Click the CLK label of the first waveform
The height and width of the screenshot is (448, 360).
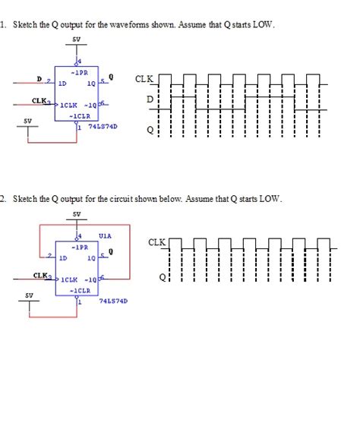(x=144, y=79)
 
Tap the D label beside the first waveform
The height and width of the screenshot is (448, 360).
(x=150, y=99)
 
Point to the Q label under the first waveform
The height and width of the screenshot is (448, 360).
(x=150, y=130)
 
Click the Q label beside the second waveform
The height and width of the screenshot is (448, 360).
(x=161, y=278)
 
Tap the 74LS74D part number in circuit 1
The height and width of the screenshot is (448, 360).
(x=103, y=127)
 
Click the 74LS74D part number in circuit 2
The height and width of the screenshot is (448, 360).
(x=114, y=301)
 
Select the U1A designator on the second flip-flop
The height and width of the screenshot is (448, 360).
(x=106, y=236)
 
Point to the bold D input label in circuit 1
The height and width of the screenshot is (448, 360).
(x=39, y=77)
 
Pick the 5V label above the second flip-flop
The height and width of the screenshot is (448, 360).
(x=75, y=214)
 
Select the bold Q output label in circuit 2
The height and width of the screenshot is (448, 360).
(x=111, y=251)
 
